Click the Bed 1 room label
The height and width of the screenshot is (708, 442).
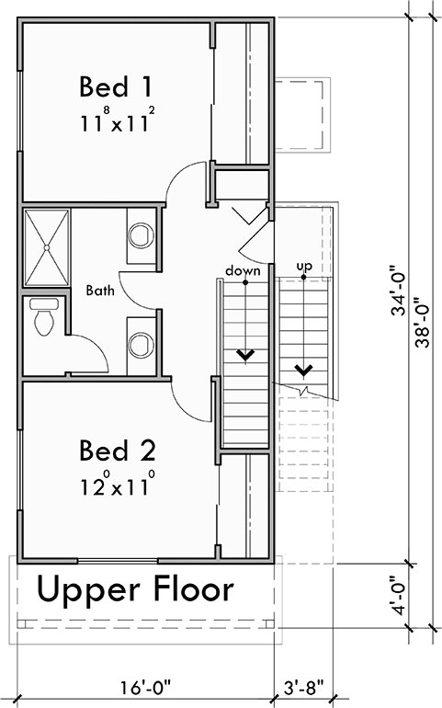tap(115, 87)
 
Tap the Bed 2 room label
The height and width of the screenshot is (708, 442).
tap(117, 451)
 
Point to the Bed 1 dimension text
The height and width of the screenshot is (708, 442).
tap(116, 120)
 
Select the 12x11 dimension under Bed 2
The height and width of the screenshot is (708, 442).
tap(116, 484)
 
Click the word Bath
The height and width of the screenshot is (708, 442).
tap(100, 291)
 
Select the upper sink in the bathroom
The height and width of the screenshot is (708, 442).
tap(140, 236)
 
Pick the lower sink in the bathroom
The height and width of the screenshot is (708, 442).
tap(140, 345)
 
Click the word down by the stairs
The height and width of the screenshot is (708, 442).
tap(243, 270)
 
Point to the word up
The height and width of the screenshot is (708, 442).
tap(303, 267)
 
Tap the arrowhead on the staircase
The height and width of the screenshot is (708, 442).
tap(245, 353)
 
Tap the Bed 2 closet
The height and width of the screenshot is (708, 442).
tap(244, 506)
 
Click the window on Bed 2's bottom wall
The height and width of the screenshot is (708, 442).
tap(117, 559)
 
